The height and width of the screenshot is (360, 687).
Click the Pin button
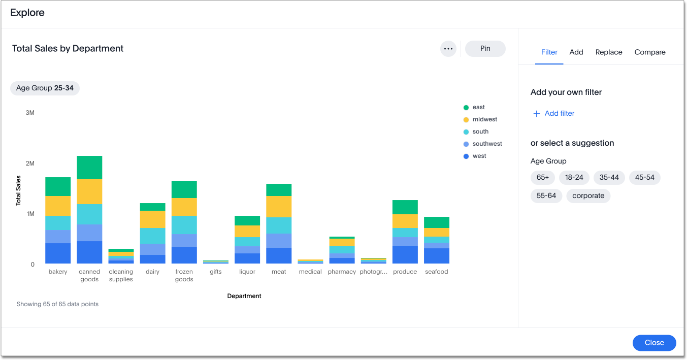pos(485,48)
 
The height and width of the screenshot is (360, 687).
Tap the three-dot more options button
pos(448,49)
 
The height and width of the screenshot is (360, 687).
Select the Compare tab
pos(649,52)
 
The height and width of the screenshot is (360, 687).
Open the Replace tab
pos(609,52)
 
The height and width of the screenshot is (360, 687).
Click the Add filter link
pos(554,113)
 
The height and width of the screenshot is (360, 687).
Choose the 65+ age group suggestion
pos(543,177)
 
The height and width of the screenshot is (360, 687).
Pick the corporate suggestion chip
pos(588,195)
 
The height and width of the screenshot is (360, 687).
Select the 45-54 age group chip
pos(644,177)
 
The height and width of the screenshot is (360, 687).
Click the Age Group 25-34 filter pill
pos(45,88)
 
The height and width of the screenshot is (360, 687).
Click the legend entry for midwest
pos(484,119)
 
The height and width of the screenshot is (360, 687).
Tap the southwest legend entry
pos(487,144)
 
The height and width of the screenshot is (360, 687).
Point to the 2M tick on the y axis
pos(30,163)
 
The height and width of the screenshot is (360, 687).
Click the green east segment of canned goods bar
pos(89,168)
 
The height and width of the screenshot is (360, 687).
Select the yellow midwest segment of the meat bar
pos(279,207)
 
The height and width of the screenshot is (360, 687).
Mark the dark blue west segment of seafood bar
pos(437,255)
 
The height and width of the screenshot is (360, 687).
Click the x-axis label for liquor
pos(247,272)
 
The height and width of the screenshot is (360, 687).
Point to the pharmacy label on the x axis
pos(342,272)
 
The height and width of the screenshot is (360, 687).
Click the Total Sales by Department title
pos(68,48)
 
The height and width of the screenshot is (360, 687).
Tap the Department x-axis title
pos(244,296)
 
